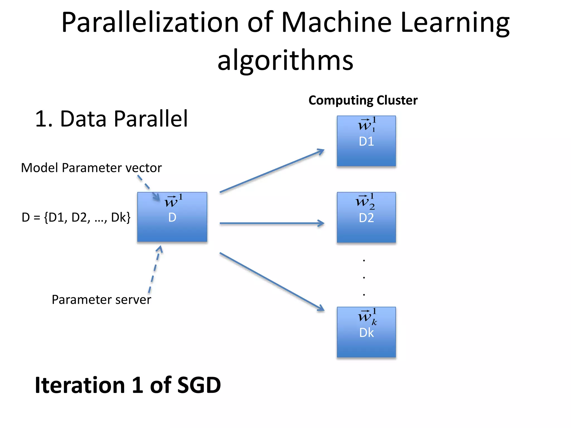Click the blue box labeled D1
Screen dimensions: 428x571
[366, 141]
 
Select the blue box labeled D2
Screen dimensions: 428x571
[366, 217]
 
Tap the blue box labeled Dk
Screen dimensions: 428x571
[366, 332]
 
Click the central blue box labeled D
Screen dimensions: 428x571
[172, 217]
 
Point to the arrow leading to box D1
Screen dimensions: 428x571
[272, 171]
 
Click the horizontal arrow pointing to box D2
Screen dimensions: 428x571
[272, 223]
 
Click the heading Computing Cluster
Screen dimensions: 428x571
[363, 100]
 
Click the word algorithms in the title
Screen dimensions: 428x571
[285, 60]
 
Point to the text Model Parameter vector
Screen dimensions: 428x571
[91, 168]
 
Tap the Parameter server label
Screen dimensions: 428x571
[101, 300]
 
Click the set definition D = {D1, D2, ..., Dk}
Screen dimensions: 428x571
[76, 217]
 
